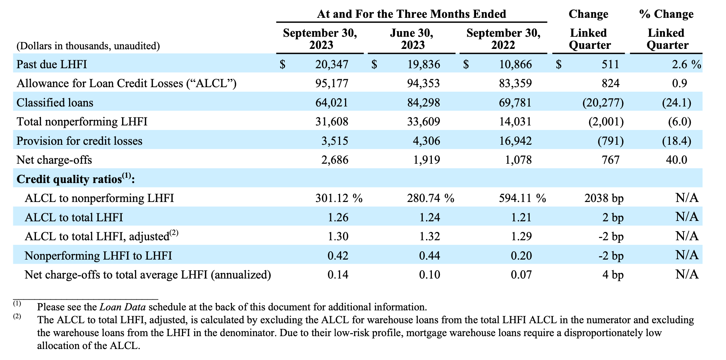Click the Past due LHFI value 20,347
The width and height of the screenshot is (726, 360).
[x=331, y=64]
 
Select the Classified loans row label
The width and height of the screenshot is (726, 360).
[x=55, y=103]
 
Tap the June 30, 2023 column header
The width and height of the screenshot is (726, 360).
[x=412, y=39]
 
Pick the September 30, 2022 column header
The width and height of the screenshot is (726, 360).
[x=503, y=39]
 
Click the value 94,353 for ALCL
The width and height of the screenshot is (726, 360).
[x=423, y=83]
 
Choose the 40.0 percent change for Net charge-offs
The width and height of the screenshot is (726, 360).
[x=676, y=160]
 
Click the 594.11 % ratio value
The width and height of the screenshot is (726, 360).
[x=522, y=198]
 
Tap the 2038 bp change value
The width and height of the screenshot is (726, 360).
[x=604, y=198]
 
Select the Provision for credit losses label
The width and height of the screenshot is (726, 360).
[x=80, y=141]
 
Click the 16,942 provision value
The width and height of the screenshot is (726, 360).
[x=515, y=141]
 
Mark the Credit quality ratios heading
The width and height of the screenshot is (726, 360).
[x=76, y=179]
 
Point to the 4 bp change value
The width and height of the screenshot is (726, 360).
[x=613, y=275]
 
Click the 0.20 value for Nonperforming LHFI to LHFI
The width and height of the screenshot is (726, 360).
[x=521, y=256]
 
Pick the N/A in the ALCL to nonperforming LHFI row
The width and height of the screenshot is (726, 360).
[x=687, y=198]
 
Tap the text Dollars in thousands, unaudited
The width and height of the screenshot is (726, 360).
[x=88, y=46]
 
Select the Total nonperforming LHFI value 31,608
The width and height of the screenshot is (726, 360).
[x=331, y=122]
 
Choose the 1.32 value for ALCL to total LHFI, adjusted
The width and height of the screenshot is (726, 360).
[x=430, y=236]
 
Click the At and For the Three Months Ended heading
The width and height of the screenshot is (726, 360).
[x=412, y=14]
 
